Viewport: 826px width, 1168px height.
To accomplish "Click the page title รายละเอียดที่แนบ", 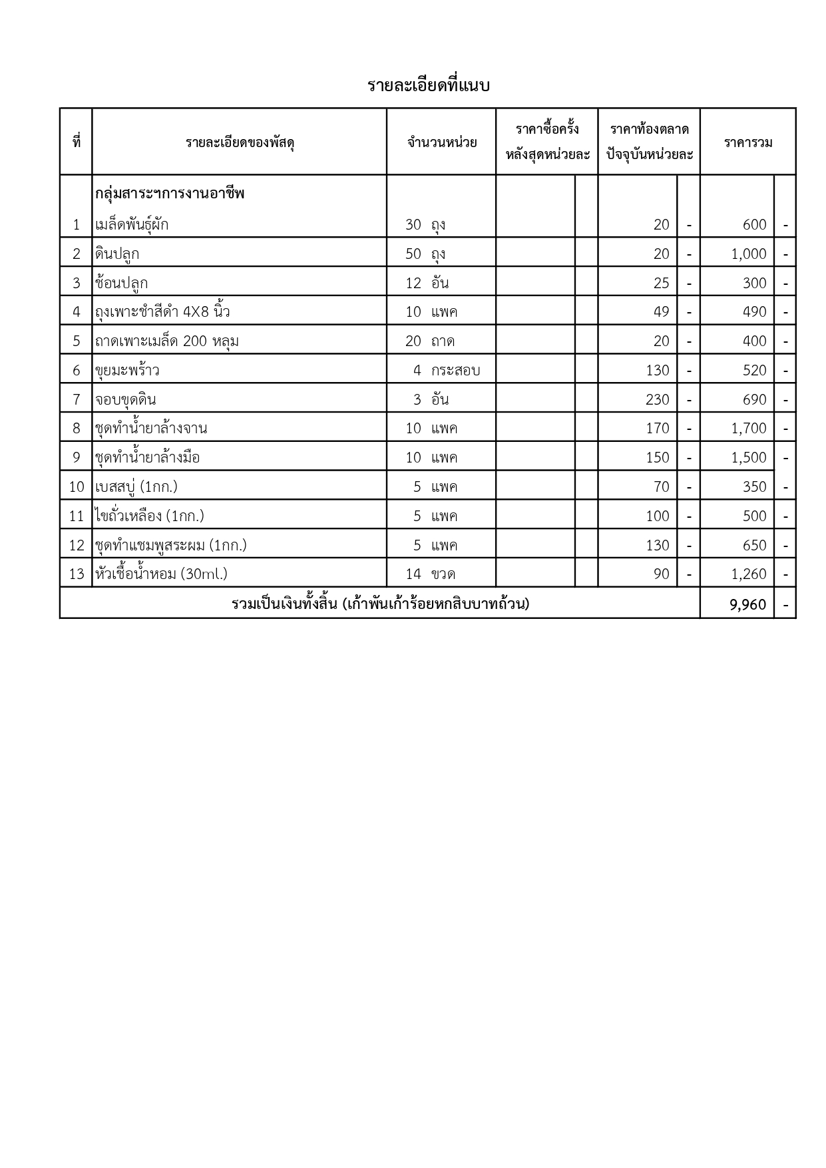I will [x=429, y=86].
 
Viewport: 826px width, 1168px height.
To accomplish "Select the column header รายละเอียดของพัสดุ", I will [x=240, y=142].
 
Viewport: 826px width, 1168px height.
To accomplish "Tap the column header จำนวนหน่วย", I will [x=442, y=142].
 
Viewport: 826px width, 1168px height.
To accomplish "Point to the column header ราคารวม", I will [x=748, y=142].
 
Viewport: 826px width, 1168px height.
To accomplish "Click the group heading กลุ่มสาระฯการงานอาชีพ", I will [x=170, y=194].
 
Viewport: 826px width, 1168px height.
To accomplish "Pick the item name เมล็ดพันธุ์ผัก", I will [x=132, y=225].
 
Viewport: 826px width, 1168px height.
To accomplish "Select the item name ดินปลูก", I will [x=117, y=254].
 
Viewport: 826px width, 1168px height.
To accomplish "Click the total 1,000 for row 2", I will [x=749, y=254].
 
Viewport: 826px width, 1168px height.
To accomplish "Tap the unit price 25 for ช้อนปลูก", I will [x=661, y=284].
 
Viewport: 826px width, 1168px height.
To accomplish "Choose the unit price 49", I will [x=661, y=312].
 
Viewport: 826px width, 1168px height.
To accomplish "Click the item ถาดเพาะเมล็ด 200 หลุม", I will [x=167, y=341].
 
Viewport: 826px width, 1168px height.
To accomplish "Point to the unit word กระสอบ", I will [x=455, y=371].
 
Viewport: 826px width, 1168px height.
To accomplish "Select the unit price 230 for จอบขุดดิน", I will [x=658, y=400].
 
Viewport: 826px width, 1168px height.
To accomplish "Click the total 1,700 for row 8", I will [x=749, y=429].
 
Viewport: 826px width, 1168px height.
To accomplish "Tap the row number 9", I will [x=77, y=458].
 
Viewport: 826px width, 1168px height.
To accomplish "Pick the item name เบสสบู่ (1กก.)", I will [x=136, y=487].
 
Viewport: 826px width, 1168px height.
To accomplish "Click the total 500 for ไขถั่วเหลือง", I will [x=755, y=516].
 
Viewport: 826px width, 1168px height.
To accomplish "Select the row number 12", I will [x=77, y=546].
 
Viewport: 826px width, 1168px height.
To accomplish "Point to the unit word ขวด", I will [x=443, y=574].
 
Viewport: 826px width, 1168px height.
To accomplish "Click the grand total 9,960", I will [x=748, y=605].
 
